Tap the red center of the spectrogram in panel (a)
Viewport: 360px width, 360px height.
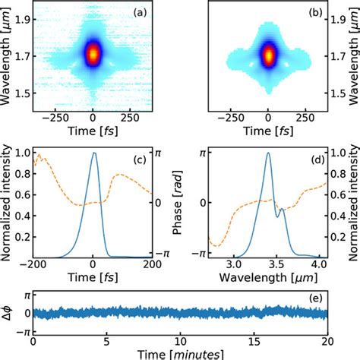[93, 54]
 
